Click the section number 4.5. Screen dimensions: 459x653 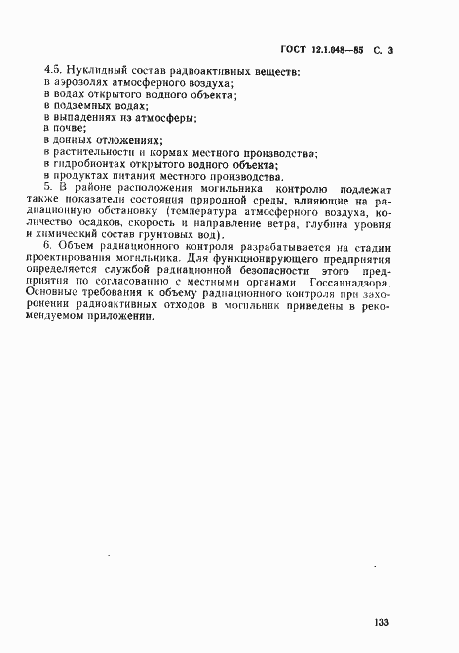coord(53,72)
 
